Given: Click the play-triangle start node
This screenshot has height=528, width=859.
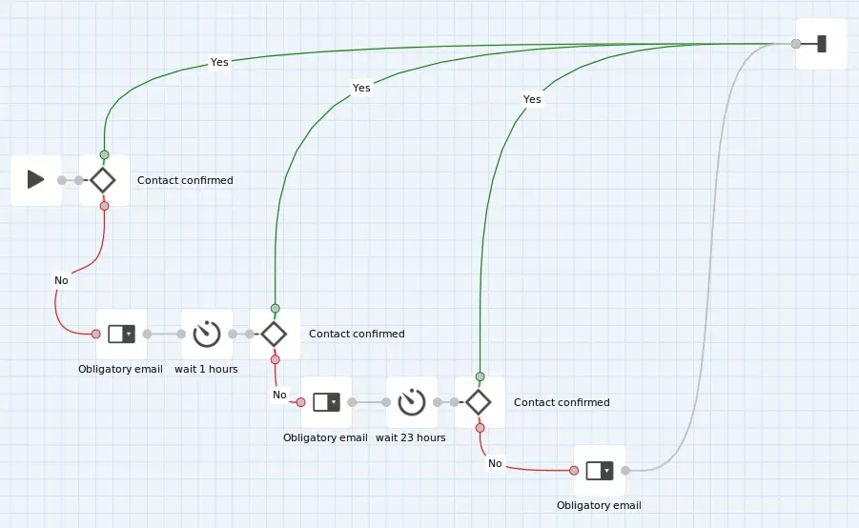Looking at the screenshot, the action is pyautogui.click(x=35, y=179).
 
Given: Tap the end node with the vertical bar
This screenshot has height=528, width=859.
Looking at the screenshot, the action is pyautogui.click(x=821, y=44).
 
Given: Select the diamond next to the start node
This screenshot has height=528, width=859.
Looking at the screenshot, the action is pyautogui.click(x=102, y=180).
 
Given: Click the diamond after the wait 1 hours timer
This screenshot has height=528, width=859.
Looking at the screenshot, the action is pyautogui.click(x=274, y=335).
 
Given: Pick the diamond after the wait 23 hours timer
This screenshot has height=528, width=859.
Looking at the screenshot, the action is pyautogui.click(x=479, y=402).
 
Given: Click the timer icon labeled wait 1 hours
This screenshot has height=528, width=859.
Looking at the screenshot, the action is pyautogui.click(x=207, y=334).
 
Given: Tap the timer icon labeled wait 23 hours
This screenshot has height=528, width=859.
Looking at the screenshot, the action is pyautogui.click(x=412, y=402).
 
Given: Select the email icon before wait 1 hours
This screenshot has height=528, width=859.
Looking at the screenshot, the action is pyautogui.click(x=121, y=334).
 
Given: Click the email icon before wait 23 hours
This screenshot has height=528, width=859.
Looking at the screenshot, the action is pyautogui.click(x=326, y=402).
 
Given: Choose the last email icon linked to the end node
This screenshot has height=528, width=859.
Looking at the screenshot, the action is pyautogui.click(x=600, y=471).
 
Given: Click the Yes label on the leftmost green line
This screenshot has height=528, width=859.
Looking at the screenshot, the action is pyautogui.click(x=219, y=62).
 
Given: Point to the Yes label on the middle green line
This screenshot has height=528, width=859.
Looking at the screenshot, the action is pyautogui.click(x=361, y=88).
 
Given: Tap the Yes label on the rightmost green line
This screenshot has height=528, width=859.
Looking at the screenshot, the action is pyautogui.click(x=532, y=99).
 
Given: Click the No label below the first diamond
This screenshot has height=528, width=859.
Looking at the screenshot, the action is pyautogui.click(x=61, y=280).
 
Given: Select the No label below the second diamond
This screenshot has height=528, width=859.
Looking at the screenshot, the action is pyautogui.click(x=279, y=395).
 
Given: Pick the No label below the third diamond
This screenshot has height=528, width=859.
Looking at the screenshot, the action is pyautogui.click(x=495, y=463).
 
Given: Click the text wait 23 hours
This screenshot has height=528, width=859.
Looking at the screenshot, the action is pyautogui.click(x=410, y=437).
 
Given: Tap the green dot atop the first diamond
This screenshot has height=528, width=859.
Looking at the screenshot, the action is pyautogui.click(x=105, y=154).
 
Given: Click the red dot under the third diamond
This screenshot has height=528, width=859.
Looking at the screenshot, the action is pyautogui.click(x=480, y=428).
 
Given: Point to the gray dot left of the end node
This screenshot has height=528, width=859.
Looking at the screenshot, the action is pyautogui.click(x=796, y=44).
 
